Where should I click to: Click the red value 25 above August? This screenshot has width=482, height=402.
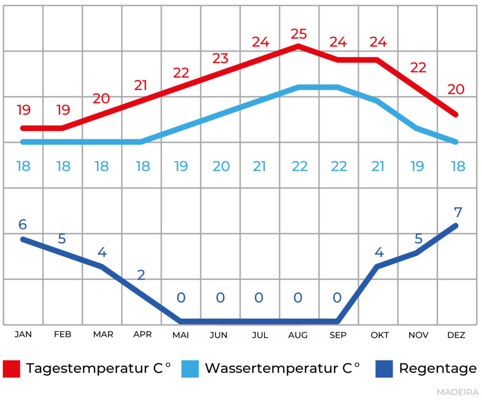tap(298, 34)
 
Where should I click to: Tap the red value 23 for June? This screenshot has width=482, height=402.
tap(220, 58)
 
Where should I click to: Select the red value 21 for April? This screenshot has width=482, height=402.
tap(141, 85)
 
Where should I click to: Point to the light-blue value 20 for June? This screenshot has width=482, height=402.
tap(221, 166)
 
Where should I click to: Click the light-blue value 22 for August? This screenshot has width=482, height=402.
tap(299, 166)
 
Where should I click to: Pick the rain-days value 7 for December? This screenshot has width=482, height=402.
tap(458, 212)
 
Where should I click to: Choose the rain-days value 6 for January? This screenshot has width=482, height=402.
tap(22, 225)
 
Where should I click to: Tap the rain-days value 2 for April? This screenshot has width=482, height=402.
tap(141, 275)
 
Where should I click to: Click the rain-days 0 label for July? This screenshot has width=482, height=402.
tap(259, 298)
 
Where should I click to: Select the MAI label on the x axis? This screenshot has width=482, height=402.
tap(181, 335)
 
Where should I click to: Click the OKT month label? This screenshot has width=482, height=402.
tap(379, 335)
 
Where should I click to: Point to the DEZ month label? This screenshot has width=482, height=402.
tap(456, 335)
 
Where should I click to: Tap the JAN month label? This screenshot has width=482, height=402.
tap(23, 335)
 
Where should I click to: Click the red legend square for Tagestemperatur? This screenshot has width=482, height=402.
tap(12, 369)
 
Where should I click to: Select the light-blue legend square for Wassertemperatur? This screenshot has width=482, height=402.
tap(190, 369)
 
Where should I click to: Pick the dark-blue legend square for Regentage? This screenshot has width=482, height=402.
tap(384, 369)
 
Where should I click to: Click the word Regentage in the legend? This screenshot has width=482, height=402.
tap(438, 369)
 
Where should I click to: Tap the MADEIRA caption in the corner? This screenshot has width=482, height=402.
tap(457, 392)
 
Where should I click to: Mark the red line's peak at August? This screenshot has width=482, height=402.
tap(298, 46)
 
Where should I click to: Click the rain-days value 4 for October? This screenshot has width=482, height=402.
tap(379, 253)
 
